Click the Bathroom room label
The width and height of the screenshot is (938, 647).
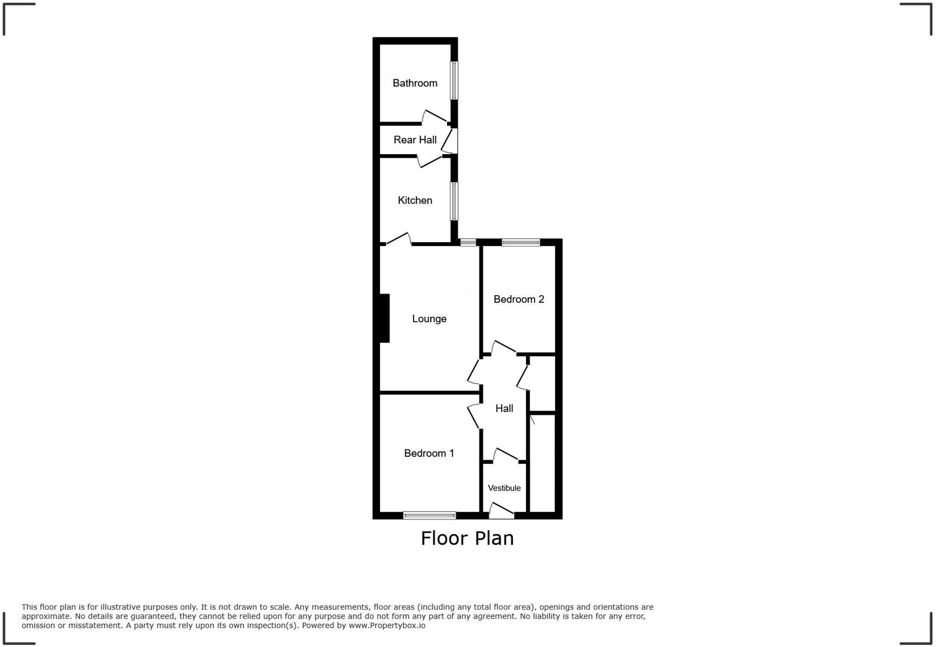(415, 83)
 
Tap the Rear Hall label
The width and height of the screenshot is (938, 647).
(415, 140)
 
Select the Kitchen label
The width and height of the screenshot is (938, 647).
(415, 200)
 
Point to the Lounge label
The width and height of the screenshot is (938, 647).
(429, 319)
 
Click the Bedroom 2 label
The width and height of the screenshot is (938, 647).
(519, 299)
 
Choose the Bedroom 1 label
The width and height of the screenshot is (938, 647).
(429, 453)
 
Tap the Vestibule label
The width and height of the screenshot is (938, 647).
(504, 488)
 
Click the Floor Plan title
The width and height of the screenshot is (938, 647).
(467, 538)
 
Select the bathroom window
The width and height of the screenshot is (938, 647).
(454, 80)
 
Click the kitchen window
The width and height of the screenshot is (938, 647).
(454, 201)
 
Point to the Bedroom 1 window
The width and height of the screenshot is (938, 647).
(429, 515)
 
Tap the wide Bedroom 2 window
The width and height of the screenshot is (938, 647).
(521, 243)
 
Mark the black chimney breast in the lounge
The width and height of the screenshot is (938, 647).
(384, 318)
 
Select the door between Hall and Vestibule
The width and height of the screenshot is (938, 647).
(506, 455)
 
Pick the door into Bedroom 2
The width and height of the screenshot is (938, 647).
(503, 347)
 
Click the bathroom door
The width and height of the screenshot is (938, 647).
(435, 117)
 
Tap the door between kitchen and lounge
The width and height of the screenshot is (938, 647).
(398, 239)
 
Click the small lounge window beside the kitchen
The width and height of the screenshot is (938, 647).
(468, 243)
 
